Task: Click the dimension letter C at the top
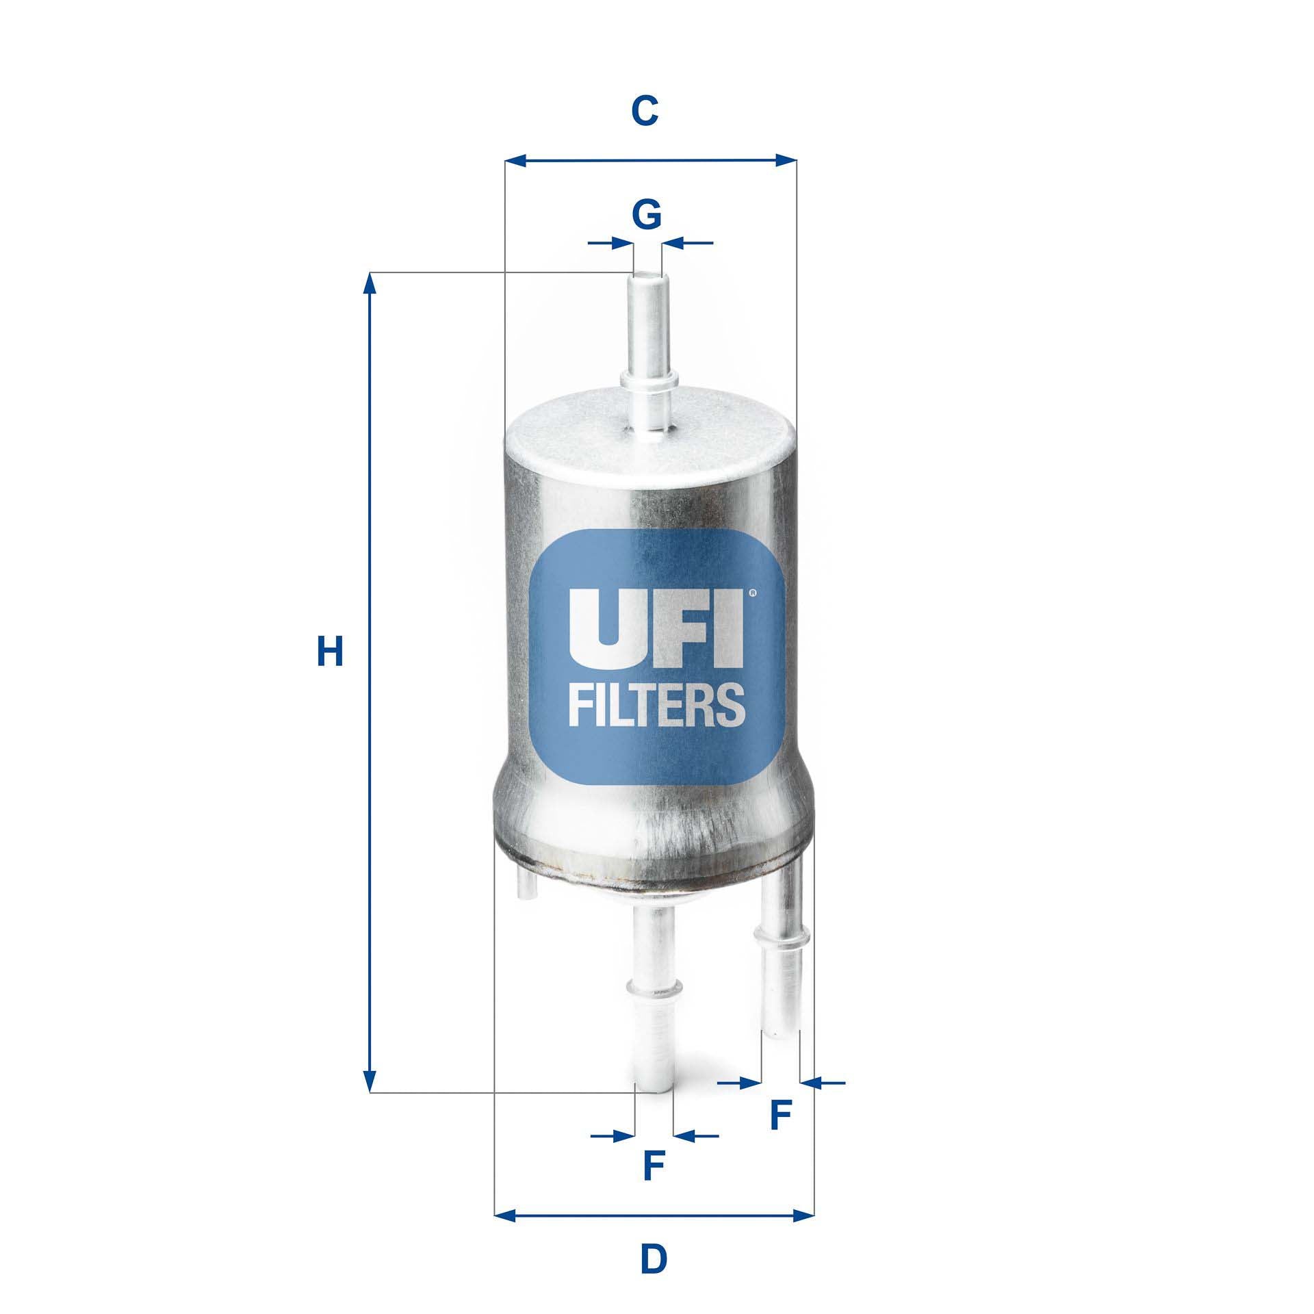[645, 111]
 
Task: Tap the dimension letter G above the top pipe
[646, 215]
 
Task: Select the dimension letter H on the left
[329, 652]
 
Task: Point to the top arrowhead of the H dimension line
[370, 283]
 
